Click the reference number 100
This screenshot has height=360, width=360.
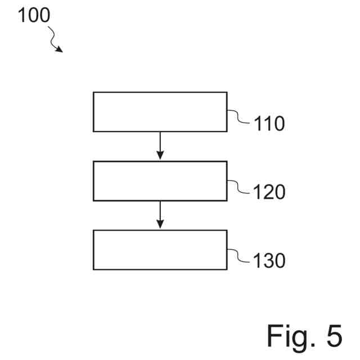pyautogui.click(x=34, y=15)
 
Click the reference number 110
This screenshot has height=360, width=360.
pyautogui.click(x=269, y=123)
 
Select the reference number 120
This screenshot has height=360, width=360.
pyautogui.click(x=269, y=192)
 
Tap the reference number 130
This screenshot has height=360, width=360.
pyautogui.click(x=269, y=261)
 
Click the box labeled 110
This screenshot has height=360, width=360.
pyautogui.click(x=160, y=111)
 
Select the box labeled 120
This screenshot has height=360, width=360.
pyautogui.click(x=160, y=181)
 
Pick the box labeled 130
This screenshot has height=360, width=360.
pyautogui.click(x=160, y=249)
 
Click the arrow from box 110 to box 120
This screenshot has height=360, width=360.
pyautogui.click(x=160, y=145)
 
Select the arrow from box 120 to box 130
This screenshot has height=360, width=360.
pyautogui.click(x=160, y=214)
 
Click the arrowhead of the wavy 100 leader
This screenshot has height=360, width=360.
pyautogui.click(x=60, y=49)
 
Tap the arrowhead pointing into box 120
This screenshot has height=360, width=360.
pyautogui.click(x=160, y=156)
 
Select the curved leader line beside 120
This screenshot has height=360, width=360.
pyautogui.click(x=239, y=186)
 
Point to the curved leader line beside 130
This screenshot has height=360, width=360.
pyautogui.click(x=239, y=255)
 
